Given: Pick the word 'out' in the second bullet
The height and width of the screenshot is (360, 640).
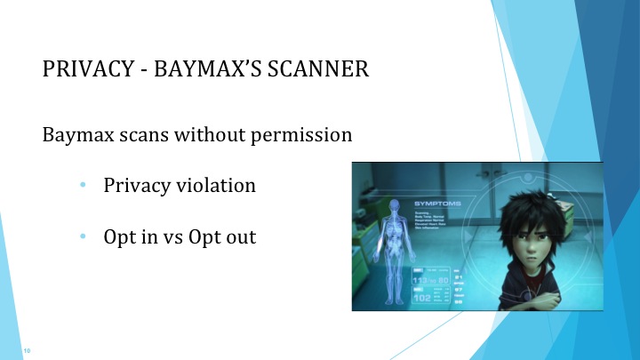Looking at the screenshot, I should pyautogui.click(x=239, y=237).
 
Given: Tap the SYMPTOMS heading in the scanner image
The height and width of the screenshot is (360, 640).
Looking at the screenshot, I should pyautogui.click(x=437, y=204).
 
